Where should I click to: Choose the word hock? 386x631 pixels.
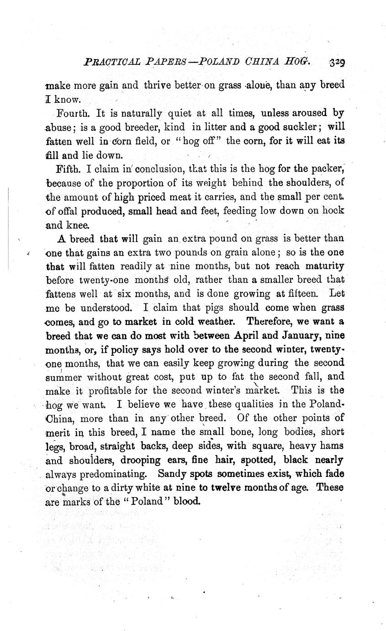click(333, 211)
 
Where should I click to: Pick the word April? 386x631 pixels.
click(248, 335)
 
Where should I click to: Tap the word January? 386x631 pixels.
click(301, 336)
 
